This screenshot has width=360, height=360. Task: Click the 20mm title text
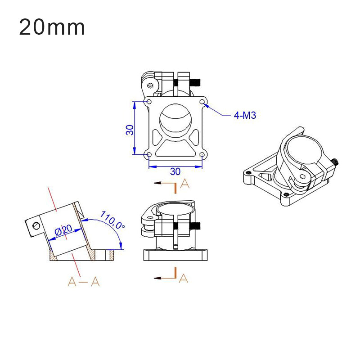click(x=52, y=27)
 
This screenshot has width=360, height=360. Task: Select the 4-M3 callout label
click(x=245, y=116)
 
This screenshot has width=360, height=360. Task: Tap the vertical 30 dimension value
click(x=130, y=130)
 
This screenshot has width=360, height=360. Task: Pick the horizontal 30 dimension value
click(x=175, y=171)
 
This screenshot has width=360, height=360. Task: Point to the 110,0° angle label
click(x=112, y=220)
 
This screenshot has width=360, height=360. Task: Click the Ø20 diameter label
click(x=63, y=231)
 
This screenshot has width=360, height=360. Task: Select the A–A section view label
click(x=83, y=282)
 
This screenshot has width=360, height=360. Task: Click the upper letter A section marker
click(x=184, y=183)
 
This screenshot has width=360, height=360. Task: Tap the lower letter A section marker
click(x=183, y=279)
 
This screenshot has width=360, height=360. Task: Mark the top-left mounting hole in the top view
click(x=149, y=102)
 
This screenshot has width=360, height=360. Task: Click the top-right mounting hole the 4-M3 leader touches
click(x=202, y=102)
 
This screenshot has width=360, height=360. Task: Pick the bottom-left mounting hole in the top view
click(x=149, y=155)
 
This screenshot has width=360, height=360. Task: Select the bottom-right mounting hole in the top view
click(x=202, y=155)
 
